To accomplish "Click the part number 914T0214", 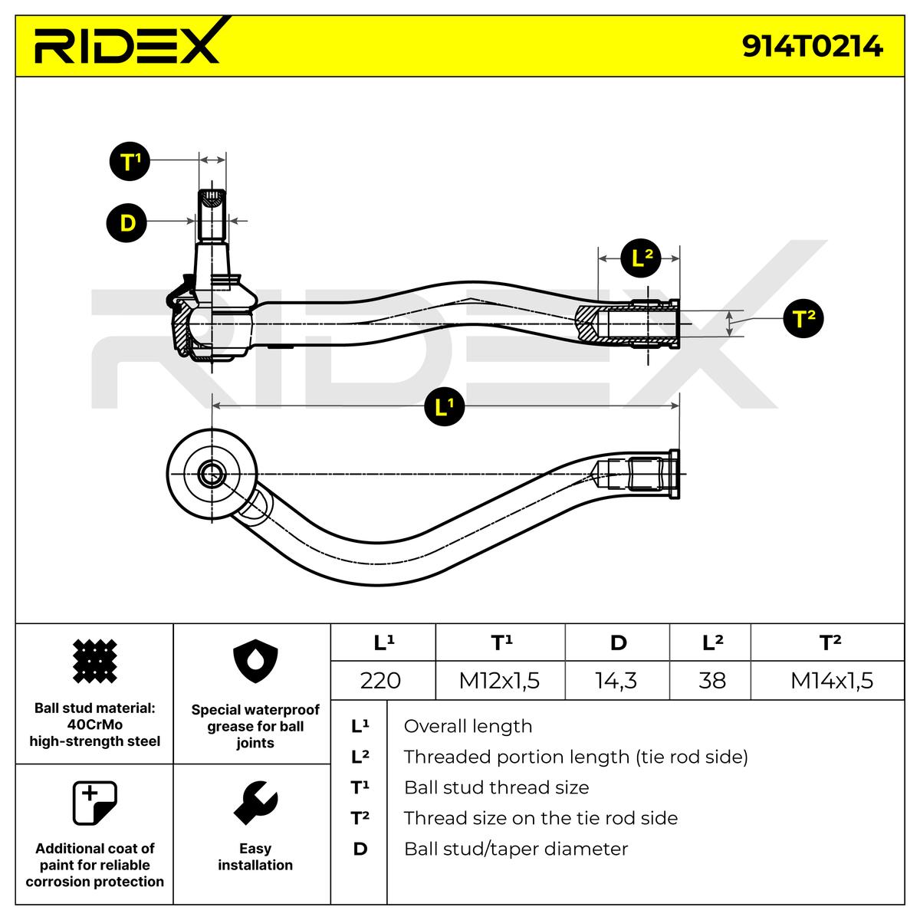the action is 812,47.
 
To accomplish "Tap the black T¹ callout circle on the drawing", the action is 130,161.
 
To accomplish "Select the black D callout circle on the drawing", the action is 127,223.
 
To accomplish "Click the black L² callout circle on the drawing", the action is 641,259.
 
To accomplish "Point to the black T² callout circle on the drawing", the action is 803,318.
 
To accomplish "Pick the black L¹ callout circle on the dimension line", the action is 445,406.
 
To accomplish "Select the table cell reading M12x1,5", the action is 500,681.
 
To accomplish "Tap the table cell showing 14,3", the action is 617,681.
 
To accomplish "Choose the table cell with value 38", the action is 711,681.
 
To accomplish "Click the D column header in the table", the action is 617,642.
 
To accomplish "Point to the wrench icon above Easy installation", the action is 255,803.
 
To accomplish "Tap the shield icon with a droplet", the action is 255,662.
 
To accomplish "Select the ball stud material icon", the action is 94,661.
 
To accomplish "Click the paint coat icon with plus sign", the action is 94,803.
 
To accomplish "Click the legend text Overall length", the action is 468,726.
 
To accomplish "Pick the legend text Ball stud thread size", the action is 497,787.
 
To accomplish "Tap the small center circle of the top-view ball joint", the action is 212,474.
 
